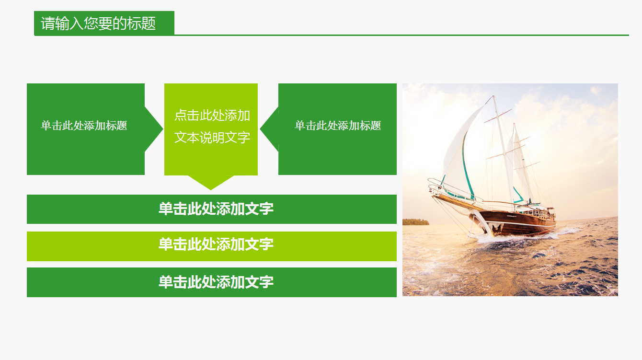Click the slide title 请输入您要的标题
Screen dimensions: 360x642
pos(99,23)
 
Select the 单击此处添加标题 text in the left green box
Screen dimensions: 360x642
pos(84,126)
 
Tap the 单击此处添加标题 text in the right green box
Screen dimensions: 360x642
pos(338,126)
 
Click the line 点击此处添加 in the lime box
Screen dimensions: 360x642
pos(212,116)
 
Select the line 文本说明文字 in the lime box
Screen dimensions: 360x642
pos(212,138)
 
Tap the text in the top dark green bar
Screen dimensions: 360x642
pos(216,209)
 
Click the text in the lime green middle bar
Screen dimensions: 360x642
pos(216,244)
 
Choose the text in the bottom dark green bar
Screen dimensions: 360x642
pos(216,282)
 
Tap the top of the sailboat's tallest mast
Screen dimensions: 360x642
pos(493,97)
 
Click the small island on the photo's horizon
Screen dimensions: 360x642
pos(415,221)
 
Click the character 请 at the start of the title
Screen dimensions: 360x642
pos(48,23)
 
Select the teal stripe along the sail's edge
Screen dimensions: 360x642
pos(464,163)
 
